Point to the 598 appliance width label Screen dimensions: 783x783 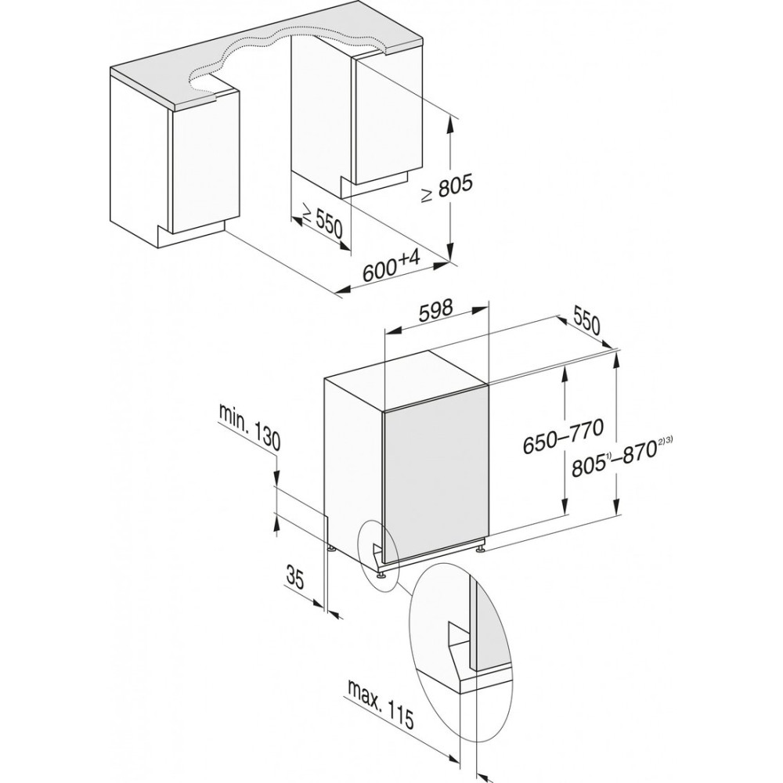(435, 311)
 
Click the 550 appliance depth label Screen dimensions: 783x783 (586, 323)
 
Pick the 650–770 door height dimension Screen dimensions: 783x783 (563, 435)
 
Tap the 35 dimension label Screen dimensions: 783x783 (296, 577)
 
